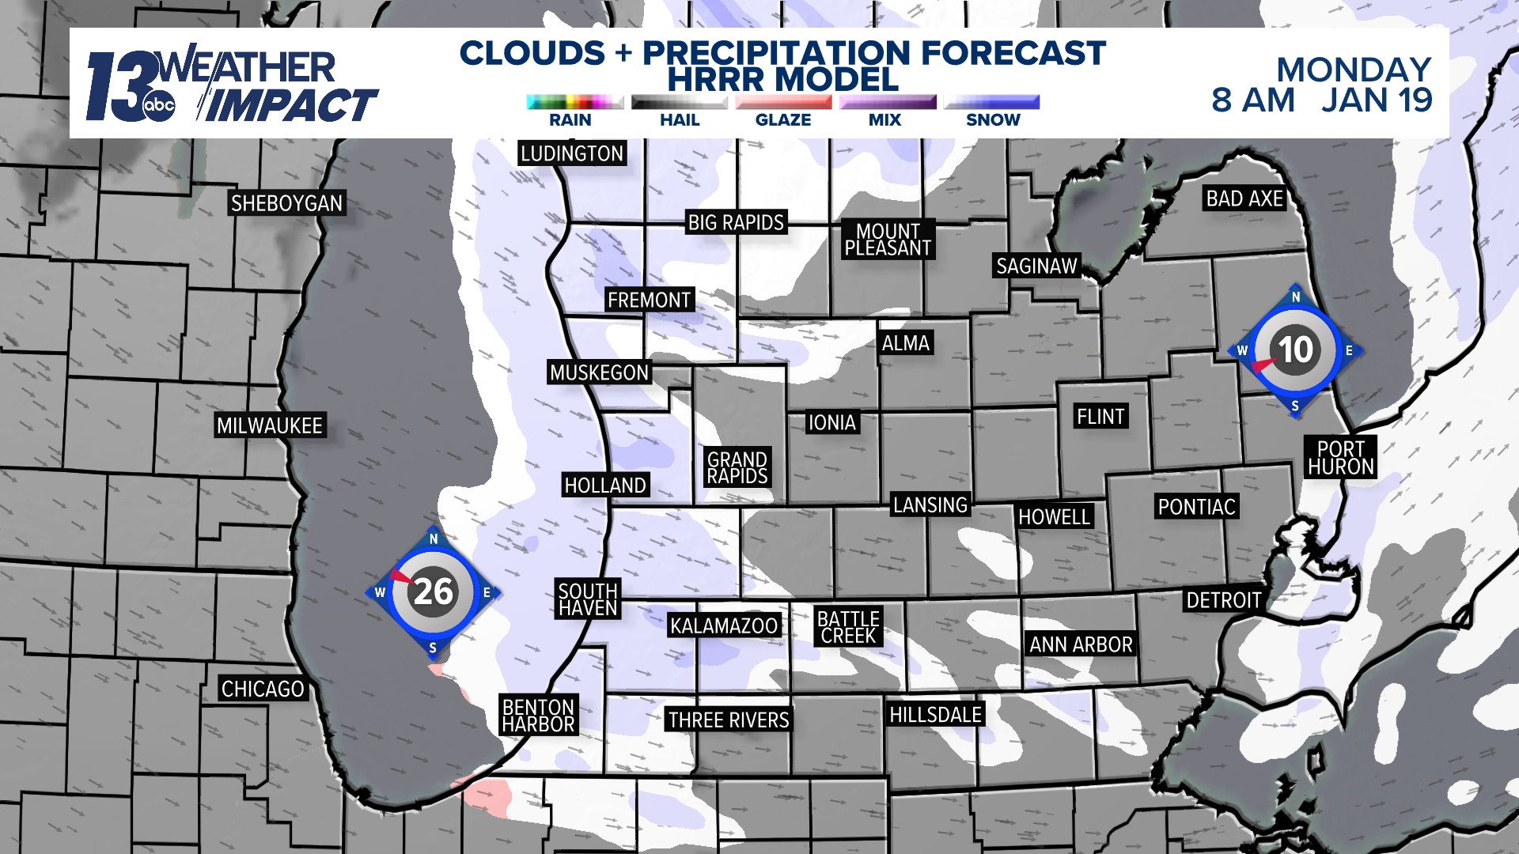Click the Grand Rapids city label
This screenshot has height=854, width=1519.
tap(737, 468)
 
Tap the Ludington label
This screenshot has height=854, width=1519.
tap(572, 153)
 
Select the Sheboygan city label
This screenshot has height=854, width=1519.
tap(286, 203)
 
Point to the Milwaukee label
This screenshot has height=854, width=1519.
tap(270, 426)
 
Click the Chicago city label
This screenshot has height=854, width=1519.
tap(263, 690)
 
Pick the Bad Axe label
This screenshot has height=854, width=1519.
tap(1244, 198)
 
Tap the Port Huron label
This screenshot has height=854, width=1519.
tap(1341, 458)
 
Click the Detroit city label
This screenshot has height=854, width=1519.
tap(1223, 601)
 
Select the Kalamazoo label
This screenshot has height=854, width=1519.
tap(724, 626)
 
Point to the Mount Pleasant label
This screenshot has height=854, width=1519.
tap(888, 240)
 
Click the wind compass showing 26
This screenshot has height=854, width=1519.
tap(433, 592)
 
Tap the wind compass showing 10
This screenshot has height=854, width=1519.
tap(1295, 350)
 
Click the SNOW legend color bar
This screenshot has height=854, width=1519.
tap(992, 102)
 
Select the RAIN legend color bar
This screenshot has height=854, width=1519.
tap(575, 102)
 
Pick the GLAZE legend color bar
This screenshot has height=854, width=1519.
tap(783, 102)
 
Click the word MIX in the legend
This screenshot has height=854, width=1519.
tap(885, 120)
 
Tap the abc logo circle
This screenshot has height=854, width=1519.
tap(159, 106)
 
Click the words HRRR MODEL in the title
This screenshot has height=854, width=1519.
tap(782, 80)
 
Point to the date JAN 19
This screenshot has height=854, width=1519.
tap(1377, 100)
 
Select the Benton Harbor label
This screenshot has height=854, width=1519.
tap(539, 716)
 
